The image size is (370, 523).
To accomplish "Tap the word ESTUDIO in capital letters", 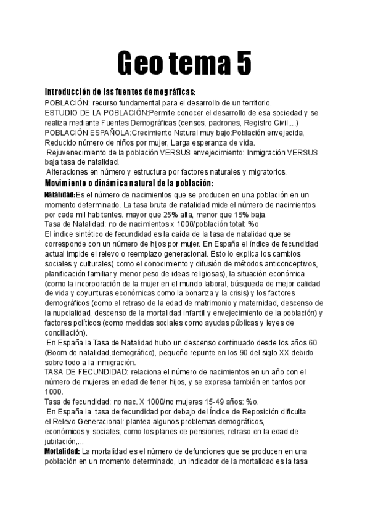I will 63,113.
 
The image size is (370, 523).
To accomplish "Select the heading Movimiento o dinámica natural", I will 129,183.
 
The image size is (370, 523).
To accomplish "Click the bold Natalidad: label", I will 60,195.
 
